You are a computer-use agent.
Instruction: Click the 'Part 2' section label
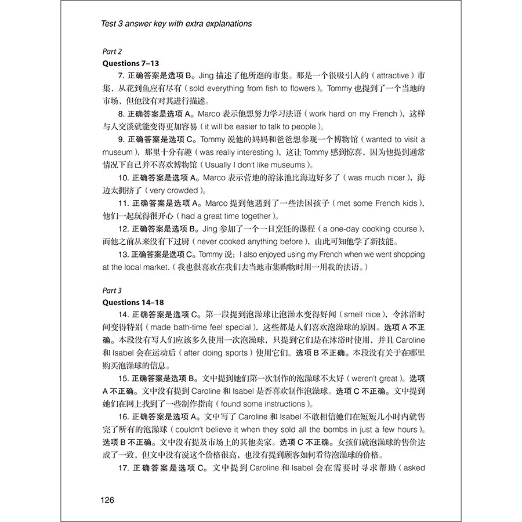(112, 51)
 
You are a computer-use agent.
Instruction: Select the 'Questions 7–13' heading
(130, 63)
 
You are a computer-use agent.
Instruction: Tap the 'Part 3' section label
(112, 291)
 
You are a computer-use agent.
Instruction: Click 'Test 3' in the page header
(114, 24)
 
